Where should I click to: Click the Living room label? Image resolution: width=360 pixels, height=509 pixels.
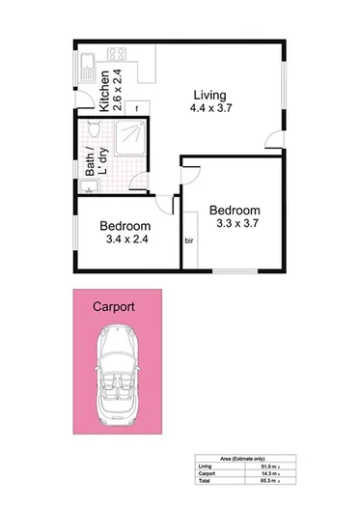pos(208,96)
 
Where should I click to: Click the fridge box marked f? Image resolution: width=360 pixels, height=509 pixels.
pos(138,108)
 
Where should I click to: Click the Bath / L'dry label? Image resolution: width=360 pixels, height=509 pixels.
pos(94,163)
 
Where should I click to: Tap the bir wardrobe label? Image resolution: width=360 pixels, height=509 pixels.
pos(189,241)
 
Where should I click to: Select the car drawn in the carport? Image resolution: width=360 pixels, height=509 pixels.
pos(122,370)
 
